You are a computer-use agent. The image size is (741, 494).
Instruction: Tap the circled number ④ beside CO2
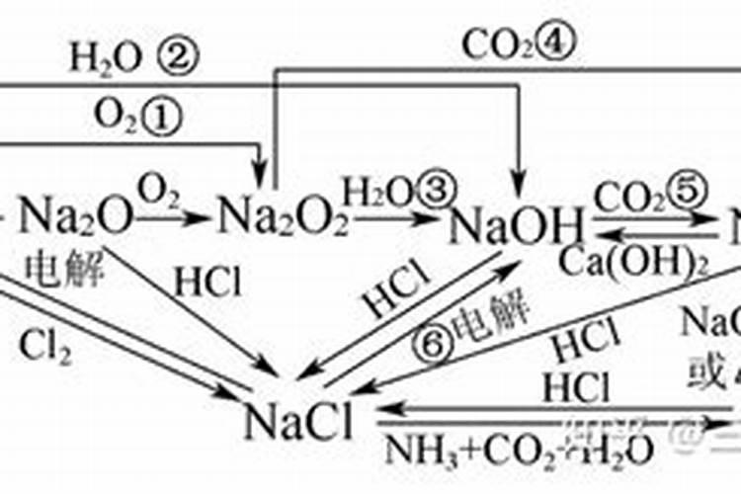pyautogui.click(x=553, y=42)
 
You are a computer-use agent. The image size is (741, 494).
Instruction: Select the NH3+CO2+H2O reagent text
pyautogui.click(x=518, y=450)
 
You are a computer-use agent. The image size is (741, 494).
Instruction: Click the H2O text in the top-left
pyautogui.click(x=105, y=59)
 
